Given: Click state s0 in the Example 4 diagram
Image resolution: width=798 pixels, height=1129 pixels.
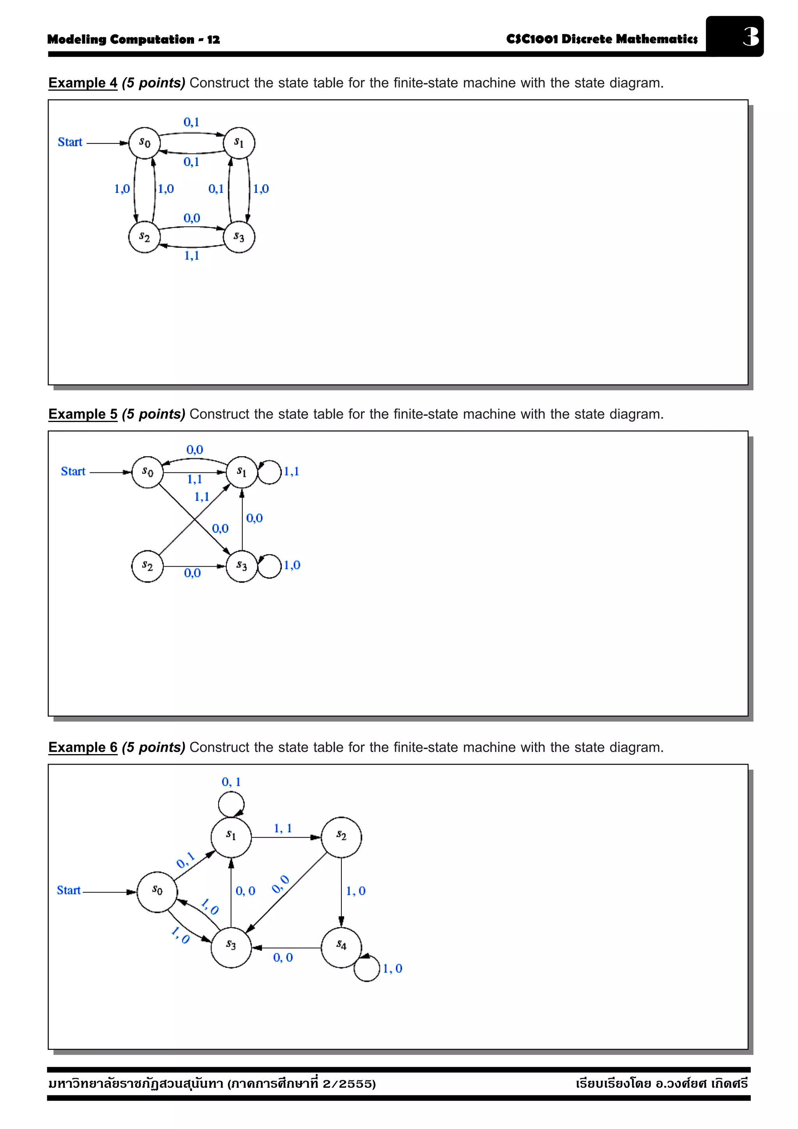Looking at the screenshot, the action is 144,143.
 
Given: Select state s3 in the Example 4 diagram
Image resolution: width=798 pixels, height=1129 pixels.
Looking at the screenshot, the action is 239,237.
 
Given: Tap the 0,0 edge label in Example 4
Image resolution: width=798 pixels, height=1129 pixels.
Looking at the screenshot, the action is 192,218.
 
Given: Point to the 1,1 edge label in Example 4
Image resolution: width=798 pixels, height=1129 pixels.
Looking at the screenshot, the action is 192,255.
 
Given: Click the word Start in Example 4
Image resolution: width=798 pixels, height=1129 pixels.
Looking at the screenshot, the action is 70,142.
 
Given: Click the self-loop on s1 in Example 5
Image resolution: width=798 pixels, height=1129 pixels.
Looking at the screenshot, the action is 270,472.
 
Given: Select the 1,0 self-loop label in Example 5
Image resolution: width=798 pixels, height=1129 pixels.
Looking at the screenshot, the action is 292,565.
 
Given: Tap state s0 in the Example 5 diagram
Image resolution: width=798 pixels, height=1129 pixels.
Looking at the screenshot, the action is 147,472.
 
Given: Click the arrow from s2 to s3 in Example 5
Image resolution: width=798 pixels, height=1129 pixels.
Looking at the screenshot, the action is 194,567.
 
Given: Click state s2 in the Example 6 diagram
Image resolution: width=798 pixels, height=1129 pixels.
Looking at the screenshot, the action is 341,837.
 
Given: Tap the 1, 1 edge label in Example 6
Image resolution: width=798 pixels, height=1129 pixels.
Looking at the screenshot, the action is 283,829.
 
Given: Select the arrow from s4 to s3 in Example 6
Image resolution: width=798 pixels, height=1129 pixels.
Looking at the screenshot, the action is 286,947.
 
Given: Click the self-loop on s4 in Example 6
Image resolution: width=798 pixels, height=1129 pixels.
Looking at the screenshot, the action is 367,969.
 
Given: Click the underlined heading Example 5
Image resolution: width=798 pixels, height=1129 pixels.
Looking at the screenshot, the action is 83,414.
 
